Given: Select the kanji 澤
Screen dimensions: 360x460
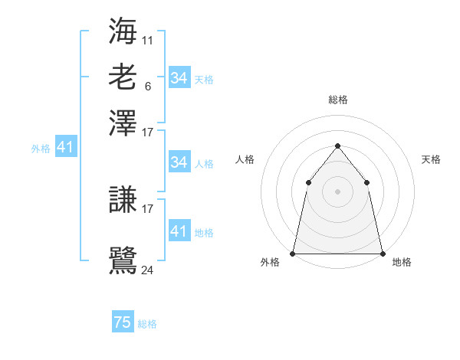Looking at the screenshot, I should tap(123, 123).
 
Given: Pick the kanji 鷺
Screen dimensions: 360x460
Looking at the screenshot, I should tap(123, 260).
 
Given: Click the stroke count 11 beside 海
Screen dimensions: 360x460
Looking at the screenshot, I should tap(148, 39).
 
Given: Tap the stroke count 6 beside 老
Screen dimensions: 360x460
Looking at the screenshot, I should tap(147, 86).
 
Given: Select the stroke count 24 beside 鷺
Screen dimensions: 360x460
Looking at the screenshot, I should tap(148, 270).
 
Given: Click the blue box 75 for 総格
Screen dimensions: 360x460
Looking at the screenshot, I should tap(123, 323).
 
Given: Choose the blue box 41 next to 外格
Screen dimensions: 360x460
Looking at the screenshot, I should tap(65, 148).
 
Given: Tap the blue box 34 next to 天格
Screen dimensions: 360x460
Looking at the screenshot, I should tap(179, 78).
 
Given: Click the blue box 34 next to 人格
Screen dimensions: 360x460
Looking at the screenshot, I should tap(179, 162).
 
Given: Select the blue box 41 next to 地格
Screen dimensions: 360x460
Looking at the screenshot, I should tap(179, 231).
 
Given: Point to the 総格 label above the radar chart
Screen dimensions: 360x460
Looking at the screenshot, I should tap(337, 100).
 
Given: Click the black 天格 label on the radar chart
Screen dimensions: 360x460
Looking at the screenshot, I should tap(431, 159).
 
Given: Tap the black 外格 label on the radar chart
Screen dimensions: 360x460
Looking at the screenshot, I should tap(270, 263).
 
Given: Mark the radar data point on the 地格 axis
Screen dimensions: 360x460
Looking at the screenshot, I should tap(382, 253).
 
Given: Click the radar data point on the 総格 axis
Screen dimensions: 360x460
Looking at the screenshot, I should tap(337, 146).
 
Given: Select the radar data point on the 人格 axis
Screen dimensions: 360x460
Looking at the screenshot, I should tap(308, 182).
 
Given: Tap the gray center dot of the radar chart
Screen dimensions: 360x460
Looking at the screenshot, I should tap(337, 191).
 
